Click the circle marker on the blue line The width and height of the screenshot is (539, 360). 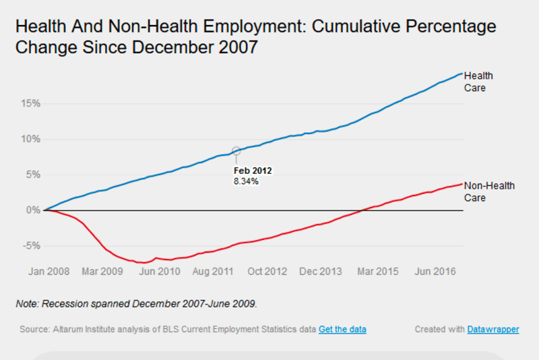click(236, 151)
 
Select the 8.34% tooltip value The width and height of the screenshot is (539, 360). click(247, 182)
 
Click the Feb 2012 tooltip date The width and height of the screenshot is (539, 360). click(253, 171)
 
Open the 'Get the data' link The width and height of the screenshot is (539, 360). click(342, 329)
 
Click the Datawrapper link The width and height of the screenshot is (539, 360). click(493, 329)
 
